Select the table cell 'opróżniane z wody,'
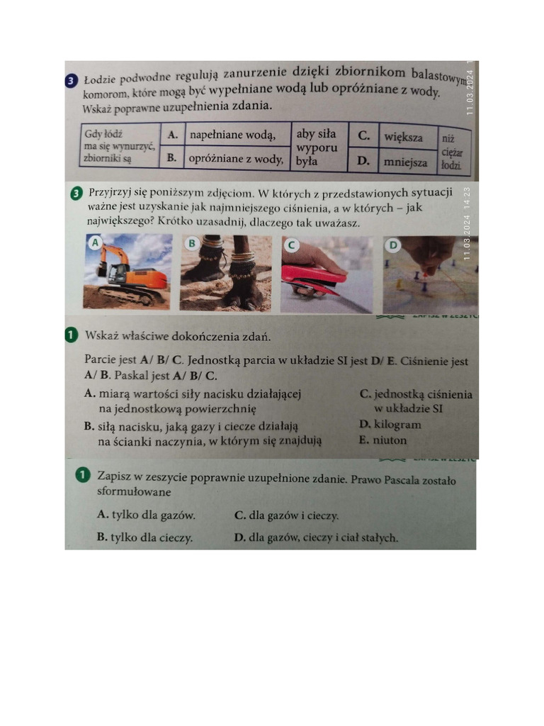[237, 160]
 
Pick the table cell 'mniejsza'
[405, 162]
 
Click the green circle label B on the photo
[191, 243]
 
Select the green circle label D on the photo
[394, 245]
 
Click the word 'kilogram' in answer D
[397, 425]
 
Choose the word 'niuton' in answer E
[390, 440]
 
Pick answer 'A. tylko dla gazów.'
[146, 515]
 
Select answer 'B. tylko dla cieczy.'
[144, 537]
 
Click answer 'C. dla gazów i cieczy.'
[286, 515]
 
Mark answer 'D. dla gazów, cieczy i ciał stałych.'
[316, 537]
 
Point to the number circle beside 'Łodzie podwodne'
[72, 81]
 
